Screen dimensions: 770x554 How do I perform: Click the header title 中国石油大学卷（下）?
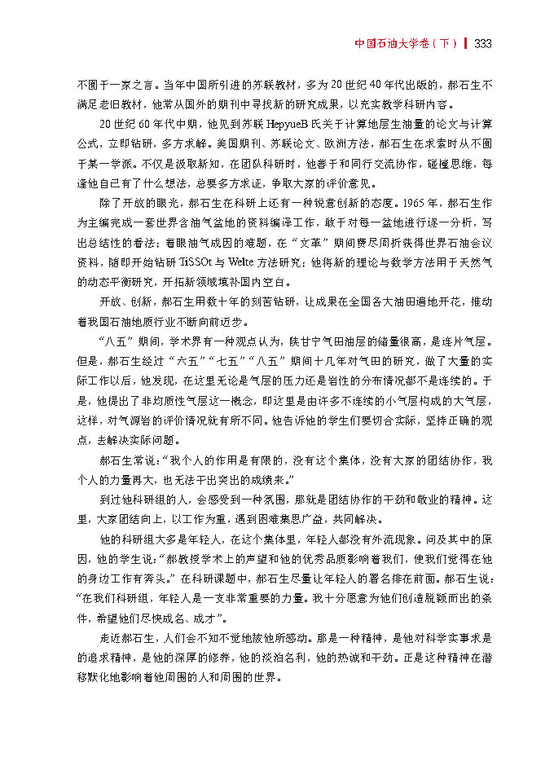(x=407, y=42)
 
